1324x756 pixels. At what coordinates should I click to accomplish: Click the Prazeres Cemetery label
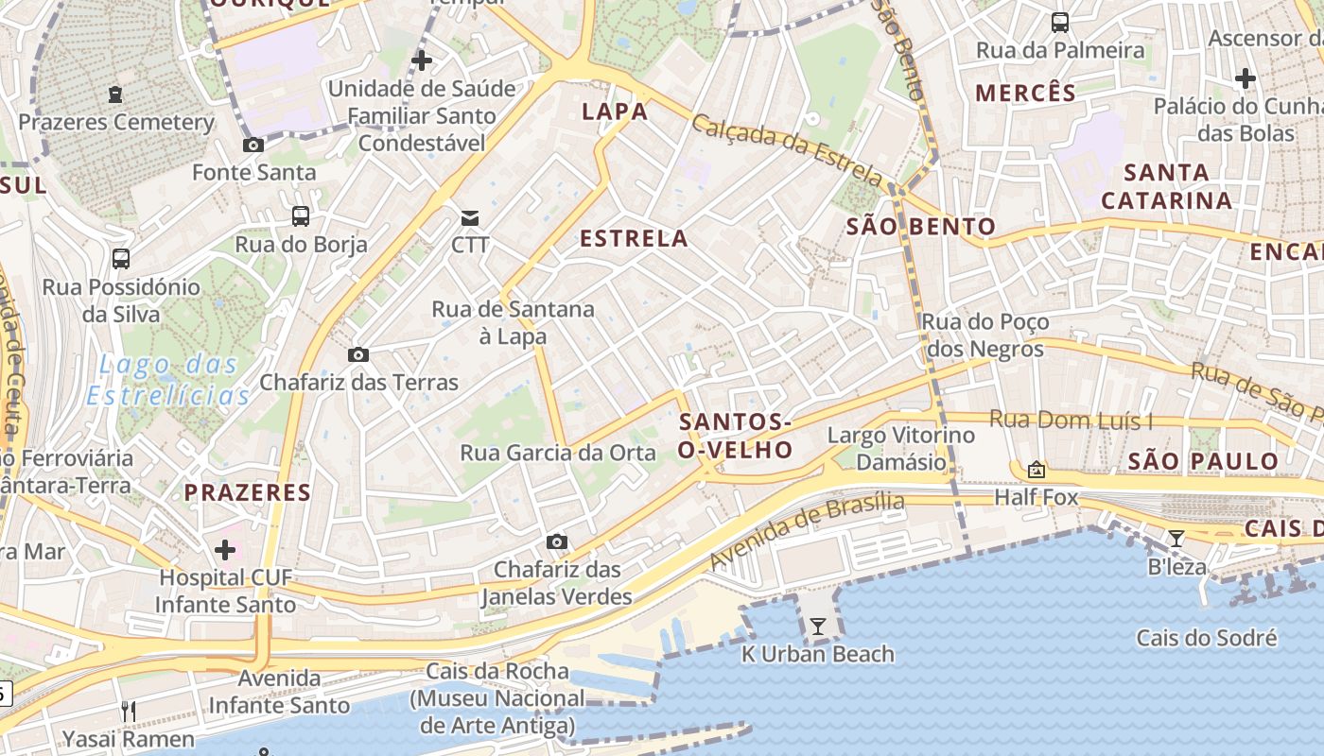coord(116,122)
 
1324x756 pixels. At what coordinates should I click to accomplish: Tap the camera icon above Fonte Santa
coord(253,145)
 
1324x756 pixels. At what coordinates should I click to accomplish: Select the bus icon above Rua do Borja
coord(301,216)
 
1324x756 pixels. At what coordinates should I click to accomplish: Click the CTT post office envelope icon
coord(469,218)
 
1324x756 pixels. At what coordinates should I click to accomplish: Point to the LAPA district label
coord(615,112)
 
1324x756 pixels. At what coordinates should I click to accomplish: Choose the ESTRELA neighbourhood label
coord(634,239)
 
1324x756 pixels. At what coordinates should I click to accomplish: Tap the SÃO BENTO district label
coord(920,226)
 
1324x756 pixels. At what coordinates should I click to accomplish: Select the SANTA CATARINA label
coord(1167,186)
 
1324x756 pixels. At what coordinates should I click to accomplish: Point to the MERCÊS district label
coord(1025,93)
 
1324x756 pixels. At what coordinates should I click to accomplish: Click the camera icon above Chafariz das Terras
coord(358,355)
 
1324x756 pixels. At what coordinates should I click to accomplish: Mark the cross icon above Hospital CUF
coord(225,550)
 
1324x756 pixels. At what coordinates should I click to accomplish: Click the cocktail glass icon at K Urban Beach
coord(818,626)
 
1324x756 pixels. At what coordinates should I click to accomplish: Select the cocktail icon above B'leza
coord(1176,539)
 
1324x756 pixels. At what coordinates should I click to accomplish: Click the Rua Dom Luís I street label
coord(1071,420)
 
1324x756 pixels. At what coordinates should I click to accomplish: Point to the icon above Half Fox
coord(1037,470)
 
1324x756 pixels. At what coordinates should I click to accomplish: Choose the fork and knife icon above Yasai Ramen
coord(129,711)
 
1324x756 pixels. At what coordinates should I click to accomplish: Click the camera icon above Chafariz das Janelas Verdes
coord(557,541)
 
